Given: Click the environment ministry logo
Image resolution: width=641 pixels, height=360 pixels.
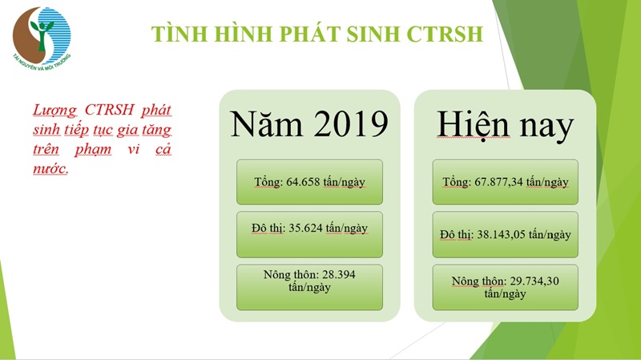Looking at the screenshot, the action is (x=42, y=38).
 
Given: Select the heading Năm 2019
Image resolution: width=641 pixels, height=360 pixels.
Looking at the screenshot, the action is (x=309, y=123).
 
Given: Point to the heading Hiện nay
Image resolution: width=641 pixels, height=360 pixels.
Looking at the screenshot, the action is (x=506, y=125).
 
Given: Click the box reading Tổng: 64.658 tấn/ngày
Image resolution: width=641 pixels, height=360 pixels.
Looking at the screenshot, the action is (x=309, y=182).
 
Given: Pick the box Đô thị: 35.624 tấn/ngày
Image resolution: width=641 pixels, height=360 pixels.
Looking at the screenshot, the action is (x=309, y=234).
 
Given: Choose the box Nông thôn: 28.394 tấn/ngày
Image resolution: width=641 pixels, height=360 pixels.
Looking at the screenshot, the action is (x=309, y=287).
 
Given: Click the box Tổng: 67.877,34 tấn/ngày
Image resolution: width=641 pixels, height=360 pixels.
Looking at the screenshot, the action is (x=506, y=182).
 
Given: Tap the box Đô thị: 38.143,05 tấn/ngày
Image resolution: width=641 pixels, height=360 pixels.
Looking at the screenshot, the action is (x=506, y=234).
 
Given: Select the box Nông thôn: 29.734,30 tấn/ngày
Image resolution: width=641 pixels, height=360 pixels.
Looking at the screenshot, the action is (x=506, y=287).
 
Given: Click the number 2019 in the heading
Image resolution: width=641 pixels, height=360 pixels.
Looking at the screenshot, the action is (x=351, y=123).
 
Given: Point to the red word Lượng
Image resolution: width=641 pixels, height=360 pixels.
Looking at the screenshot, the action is (x=54, y=111).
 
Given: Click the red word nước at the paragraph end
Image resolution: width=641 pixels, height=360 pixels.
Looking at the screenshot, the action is (x=50, y=168).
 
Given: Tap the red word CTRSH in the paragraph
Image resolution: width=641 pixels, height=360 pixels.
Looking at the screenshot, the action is (x=110, y=110).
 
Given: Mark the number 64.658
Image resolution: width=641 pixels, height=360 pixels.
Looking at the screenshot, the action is (x=303, y=182).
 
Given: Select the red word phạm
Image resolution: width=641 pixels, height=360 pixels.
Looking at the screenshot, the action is (x=93, y=150).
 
